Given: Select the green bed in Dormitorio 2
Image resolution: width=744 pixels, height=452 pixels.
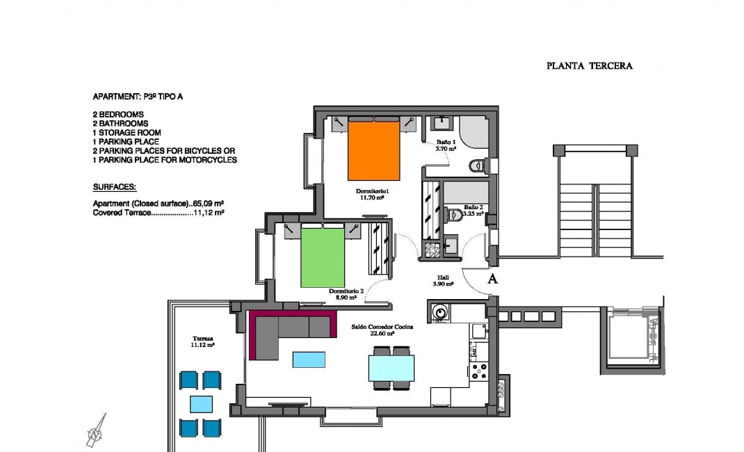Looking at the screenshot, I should (x=323, y=257).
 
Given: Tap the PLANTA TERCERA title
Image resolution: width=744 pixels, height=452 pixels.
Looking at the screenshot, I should (x=589, y=66).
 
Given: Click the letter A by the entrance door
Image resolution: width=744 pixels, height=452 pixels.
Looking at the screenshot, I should (x=492, y=280).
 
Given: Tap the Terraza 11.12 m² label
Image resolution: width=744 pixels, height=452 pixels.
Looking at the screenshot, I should (x=202, y=340).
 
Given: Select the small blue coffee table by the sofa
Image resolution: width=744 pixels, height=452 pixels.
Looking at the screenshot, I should (x=309, y=359).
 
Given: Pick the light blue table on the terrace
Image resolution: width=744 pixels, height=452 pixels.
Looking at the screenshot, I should (x=201, y=403).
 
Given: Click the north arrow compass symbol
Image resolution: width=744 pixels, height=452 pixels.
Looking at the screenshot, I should (x=97, y=430).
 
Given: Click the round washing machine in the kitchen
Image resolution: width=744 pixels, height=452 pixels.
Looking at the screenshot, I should (x=439, y=313).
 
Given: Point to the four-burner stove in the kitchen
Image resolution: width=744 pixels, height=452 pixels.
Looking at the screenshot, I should (x=478, y=371).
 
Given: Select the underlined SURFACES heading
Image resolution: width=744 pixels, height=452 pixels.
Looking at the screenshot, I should (x=114, y=188).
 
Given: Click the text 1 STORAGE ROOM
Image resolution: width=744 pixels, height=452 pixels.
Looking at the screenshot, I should (x=127, y=133).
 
